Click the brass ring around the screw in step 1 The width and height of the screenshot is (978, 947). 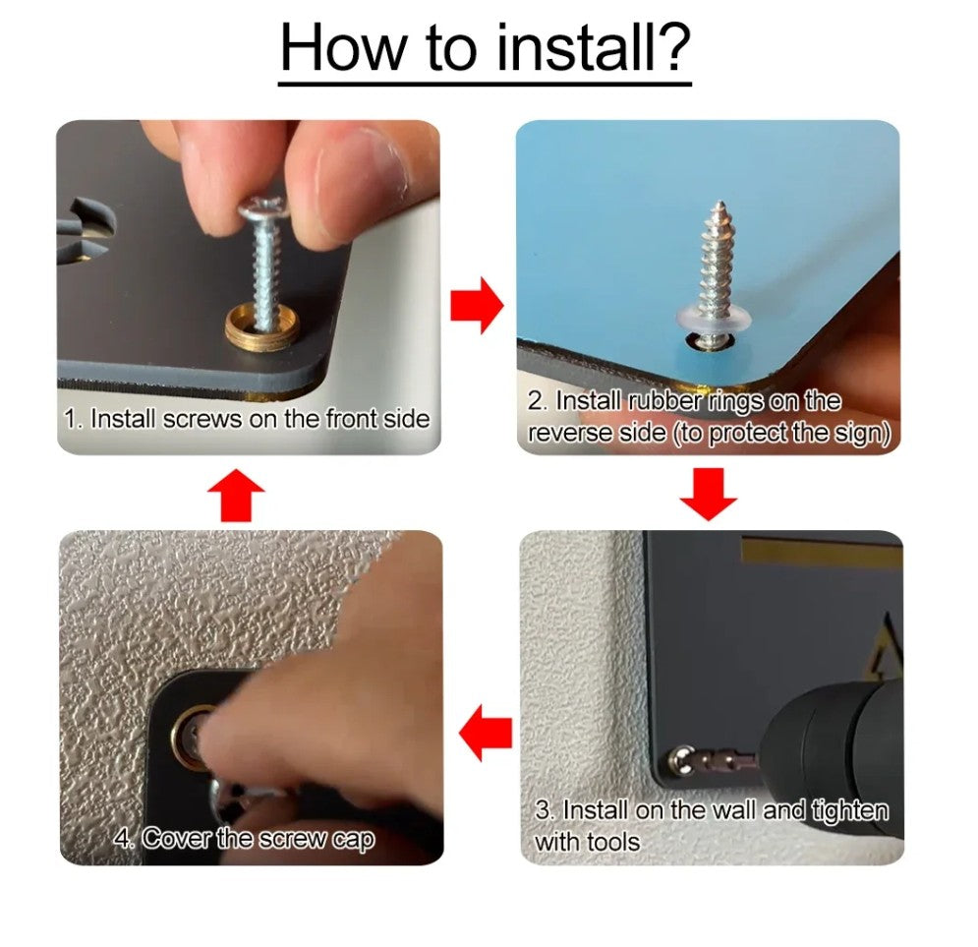262,327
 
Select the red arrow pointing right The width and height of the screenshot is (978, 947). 477,306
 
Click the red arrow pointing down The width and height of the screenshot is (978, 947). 708,494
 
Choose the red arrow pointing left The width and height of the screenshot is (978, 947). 486,733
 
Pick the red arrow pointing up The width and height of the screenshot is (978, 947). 236,496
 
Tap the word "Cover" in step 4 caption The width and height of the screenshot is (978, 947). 177,839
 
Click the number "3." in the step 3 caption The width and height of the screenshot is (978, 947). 546,810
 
